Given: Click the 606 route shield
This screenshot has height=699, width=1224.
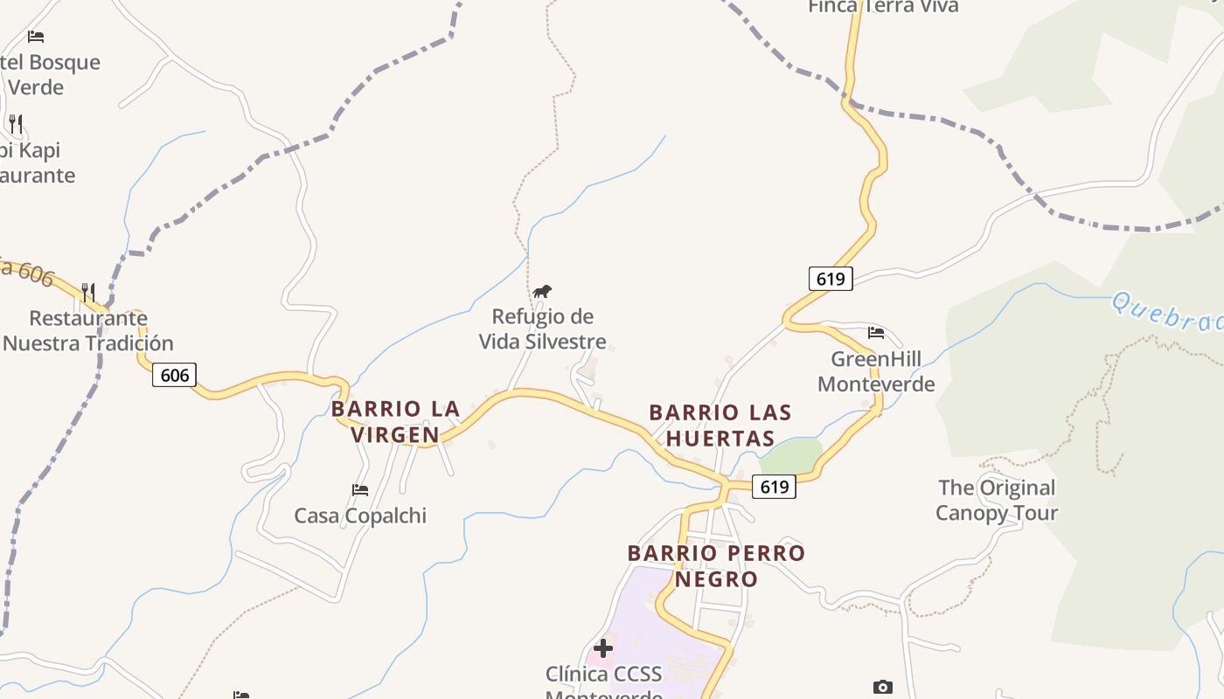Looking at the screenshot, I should (x=175, y=376).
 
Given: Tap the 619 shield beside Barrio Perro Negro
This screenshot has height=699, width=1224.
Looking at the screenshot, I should (x=775, y=487).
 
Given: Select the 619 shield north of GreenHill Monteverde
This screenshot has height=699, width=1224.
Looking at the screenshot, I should (x=830, y=279).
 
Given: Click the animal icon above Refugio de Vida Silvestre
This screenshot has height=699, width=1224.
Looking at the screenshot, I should (x=542, y=291).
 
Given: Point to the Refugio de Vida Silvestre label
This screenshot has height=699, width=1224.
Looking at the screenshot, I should (x=542, y=329).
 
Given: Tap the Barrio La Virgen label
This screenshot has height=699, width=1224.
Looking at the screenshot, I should (x=395, y=421).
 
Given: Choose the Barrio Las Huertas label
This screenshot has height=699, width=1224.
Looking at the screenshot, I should (x=720, y=425).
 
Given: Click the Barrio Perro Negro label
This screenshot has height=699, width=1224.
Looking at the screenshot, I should (x=716, y=565).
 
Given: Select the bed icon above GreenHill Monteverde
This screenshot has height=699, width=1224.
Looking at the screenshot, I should (x=876, y=333).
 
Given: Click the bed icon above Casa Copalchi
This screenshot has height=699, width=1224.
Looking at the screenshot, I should (x=360, y=490).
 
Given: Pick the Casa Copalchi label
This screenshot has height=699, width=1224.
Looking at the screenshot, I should (x=360, y=516).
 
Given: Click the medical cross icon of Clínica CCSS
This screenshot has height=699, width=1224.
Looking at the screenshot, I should (x=603, y=648).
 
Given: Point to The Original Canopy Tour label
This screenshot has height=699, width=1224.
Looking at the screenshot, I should (x=997, y=500).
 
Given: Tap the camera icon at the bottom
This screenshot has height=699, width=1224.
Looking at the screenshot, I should (x=883, y=688).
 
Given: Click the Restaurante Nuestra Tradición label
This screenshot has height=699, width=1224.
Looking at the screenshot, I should (x=88, y=330).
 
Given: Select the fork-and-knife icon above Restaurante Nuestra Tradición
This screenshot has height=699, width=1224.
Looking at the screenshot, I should (x=88, y=292).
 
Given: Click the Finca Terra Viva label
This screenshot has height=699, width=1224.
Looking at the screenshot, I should (x=883, y=7).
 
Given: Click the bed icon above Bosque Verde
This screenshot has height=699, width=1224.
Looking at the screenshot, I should (x=36, y=37).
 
